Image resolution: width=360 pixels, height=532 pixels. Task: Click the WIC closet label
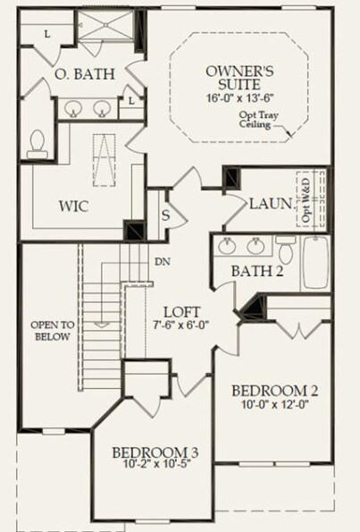click(x=73, y=206)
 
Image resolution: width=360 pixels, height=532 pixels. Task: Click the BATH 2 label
click(x=257, y=271)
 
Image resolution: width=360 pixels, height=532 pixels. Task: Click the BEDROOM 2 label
click(x=275, y=391)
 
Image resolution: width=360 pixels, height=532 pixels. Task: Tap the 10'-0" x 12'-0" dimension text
click(x=275, y=405)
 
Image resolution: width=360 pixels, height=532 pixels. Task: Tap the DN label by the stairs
click(x=162, y=262)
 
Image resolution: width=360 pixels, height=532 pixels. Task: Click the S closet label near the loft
click(x=165, y=215)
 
